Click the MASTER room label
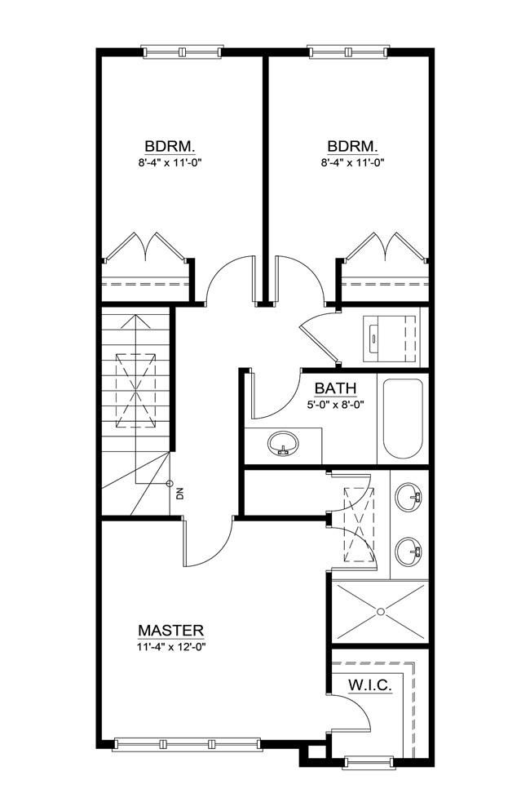pyautogui.click(x=170, y=630)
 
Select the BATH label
pyautogui.click(x=335, y=388)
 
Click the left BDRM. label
pyautogui.click(x=170, y=147)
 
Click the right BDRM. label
pyautogui.click(x=352, y=147)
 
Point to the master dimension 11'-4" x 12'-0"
pyautogui.click(x=171, y=646)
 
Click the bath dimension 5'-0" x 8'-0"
pyautogui.click(x=335, y=405)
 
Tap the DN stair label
pyautogui.click(x=179, y=494)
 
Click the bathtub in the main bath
pyautogui.click(x=404, y=419)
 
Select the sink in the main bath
pyautogui.click(x=283, y=443)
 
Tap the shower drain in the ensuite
pyautogui.click(x=380, y=612)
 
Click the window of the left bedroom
pyautogui.click(x=183, y=51)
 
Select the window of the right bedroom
pyautogui.click(x=348, y=51)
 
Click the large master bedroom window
pyautogui.click(x=187, y=744)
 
